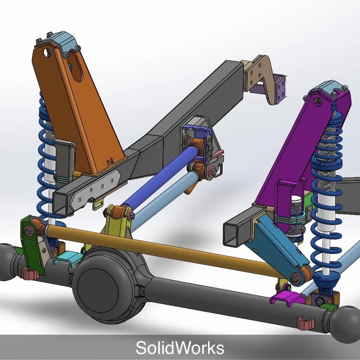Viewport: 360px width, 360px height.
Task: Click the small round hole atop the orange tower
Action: (47, 52)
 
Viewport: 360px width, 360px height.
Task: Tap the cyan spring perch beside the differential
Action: (68, 257)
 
